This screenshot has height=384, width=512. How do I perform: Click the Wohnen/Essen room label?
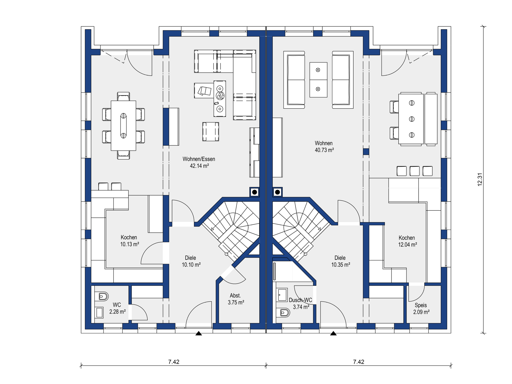pyautogui.click(x=199, y=159)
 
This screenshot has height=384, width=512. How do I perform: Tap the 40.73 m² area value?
pyautogui.click(x=324, y=150)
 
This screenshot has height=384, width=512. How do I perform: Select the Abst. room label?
pyautogui.click(x=235, y=295)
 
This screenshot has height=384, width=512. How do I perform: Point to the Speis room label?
pyautogui.click(x=421, y=305)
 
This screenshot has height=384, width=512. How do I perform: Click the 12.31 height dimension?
pyautogui.click(x=480, y=179)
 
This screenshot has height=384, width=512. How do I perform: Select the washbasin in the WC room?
pyautogui.click(x=99, y=313)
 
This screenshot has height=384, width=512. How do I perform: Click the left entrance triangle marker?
pyautogui.click(x=199, y=333)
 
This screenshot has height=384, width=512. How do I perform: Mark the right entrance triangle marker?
pyautogui.click(x=333, y=333)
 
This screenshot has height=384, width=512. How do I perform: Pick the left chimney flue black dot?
pyautogui.click(x=255, y=192)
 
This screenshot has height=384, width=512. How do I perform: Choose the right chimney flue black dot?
pyautogui.click(x=277, y=192)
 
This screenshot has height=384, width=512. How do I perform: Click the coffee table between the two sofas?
pyautogui.click(x=318, y=80)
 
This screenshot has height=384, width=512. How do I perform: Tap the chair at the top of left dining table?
pyautogui.click(x=123, y=97)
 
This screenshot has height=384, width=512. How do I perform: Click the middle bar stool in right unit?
pyautogui.click(x=414, y=171)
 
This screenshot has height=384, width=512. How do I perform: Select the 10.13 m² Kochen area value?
pyautogui.click(x=130, y=244)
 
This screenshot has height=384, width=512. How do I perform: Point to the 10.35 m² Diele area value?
pyautogui.click(x=341, y=265)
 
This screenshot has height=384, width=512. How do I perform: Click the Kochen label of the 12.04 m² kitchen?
pyautogui.click(x=407, y=238)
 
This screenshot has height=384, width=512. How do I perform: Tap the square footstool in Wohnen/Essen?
pyautogui.click(x=211, y=131)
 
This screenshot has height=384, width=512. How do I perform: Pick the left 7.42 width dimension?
pyautogui.click(x=174, y=362)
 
